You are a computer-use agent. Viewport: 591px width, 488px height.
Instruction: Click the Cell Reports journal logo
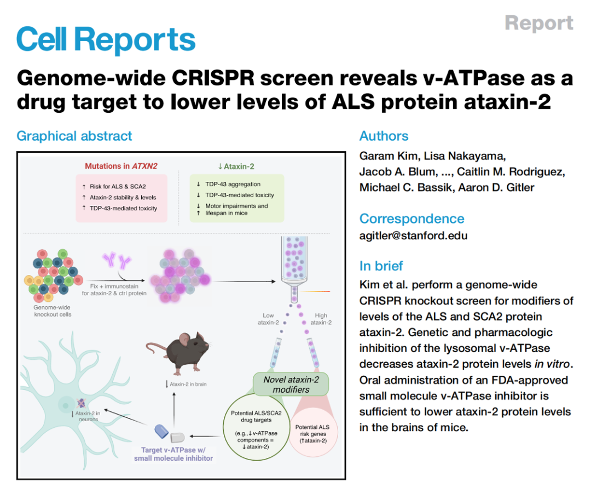[x=106, y=40]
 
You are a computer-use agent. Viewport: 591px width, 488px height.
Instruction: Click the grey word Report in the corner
[x=538, y=23]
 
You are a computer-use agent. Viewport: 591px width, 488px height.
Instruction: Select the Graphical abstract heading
[x=74, y=136]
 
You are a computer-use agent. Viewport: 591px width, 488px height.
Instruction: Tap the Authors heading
[x=384, y=136]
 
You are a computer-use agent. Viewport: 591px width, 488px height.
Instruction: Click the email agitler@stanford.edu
[x=413, y=236]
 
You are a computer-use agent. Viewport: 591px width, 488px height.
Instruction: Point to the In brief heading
[x=381, y=266]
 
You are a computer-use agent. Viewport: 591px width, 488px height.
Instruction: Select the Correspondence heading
[x=412, y=219]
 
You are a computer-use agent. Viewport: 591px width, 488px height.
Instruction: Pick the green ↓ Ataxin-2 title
[x=236, y=166]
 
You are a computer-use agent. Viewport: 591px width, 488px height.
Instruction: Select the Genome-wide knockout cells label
[x=53, y=311]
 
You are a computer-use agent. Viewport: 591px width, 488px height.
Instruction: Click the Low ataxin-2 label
[x=268, y=319]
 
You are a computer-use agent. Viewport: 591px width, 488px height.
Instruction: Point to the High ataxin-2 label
[x=321, y=319]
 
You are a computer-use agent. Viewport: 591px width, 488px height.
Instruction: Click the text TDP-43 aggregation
[x=233, y=184]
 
